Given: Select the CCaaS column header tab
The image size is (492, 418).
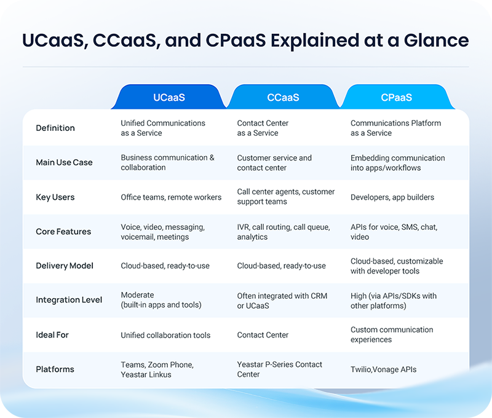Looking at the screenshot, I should (283, 97).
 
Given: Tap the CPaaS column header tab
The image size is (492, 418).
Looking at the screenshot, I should (396, 97).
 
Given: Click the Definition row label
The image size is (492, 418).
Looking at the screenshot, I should (55, 128).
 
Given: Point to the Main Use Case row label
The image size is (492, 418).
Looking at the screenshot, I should (64, 162).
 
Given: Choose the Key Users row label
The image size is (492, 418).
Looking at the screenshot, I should (55, 197).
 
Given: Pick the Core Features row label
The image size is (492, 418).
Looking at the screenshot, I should (63, 232).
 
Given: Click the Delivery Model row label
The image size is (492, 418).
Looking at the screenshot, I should (65, 266).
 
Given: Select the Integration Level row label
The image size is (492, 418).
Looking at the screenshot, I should (69, 300).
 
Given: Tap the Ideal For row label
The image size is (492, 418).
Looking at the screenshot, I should (52, 335).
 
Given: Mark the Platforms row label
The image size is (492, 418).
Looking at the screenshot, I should (55, 369).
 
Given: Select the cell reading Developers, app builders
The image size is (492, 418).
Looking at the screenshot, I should (392, 197).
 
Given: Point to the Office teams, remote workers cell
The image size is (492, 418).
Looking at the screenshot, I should (171, 197).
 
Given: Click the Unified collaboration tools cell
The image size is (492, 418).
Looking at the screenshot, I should (165, 335).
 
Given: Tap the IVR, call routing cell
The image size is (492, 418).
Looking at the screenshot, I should (283, 232).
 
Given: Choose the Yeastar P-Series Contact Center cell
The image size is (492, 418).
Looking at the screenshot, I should (279, 369).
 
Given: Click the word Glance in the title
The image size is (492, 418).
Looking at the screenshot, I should (434, 41).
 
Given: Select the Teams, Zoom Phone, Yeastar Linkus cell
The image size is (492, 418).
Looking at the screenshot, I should (157, 369).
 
